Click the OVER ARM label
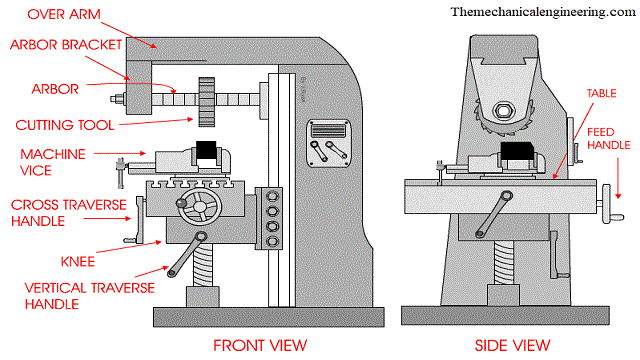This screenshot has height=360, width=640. (x=46, y=15)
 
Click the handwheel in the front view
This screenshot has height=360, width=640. (x=196, y=211)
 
